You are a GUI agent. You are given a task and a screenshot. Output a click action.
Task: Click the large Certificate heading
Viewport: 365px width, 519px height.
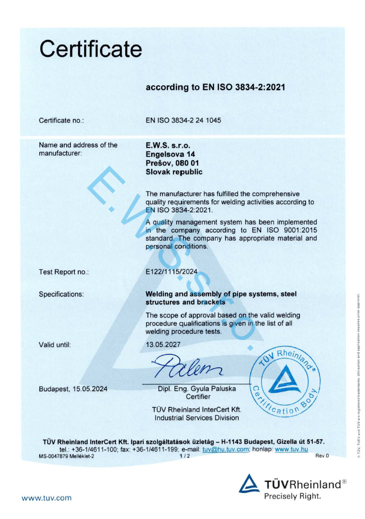(90, 50)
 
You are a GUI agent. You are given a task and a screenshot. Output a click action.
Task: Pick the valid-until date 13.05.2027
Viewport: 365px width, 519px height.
(163, 345)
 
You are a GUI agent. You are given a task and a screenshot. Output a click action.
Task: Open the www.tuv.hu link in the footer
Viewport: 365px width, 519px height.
(291, 449)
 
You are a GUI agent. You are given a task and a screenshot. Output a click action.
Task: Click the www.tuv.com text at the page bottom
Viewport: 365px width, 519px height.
(47, 498)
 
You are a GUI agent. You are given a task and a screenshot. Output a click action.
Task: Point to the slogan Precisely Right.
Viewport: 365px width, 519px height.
(293, 496)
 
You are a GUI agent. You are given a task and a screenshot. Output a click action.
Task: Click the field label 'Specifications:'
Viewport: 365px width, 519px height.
(61, 294)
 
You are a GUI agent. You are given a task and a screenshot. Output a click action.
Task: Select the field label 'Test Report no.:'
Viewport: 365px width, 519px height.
(64, 272)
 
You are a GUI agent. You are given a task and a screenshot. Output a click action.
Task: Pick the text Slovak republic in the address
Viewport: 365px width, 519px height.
(174, 172)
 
